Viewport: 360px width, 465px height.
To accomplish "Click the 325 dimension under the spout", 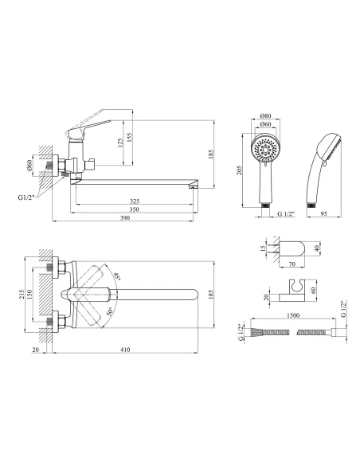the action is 135,201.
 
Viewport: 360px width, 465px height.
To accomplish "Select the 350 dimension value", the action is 135,209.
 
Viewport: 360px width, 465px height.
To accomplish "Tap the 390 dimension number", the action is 125,217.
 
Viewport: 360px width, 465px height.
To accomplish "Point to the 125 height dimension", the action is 120,143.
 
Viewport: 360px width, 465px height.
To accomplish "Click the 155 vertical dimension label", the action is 129,137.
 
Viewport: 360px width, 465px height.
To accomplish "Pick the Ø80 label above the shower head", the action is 265,115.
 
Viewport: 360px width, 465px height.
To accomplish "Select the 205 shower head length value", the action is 240,170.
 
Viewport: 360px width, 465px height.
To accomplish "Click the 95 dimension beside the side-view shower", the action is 324,213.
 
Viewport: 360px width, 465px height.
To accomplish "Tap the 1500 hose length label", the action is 293,315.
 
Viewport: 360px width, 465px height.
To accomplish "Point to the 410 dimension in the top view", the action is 125,350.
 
